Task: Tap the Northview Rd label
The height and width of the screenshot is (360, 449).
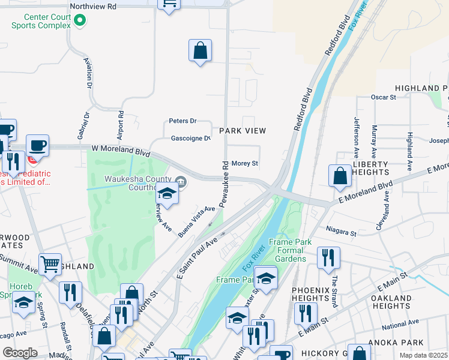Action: [93, 6]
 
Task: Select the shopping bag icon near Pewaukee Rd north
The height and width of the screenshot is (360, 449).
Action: [200, 51]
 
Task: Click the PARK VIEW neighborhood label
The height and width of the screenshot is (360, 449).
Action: [243, 130]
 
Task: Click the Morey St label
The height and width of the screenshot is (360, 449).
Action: [244, 163]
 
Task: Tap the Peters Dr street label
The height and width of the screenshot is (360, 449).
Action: [182, 121]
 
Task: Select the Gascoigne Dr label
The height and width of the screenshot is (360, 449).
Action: [190, 139]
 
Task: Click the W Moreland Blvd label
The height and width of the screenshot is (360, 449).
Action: [120, 149]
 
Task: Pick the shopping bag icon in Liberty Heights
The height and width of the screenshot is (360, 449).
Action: [340, 175]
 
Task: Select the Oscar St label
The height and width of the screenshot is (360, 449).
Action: [384, 97]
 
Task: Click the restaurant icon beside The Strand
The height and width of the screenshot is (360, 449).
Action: [328, 257]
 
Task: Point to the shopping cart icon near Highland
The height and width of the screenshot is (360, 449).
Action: [50, 264]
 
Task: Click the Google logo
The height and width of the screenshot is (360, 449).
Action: [20, 353]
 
